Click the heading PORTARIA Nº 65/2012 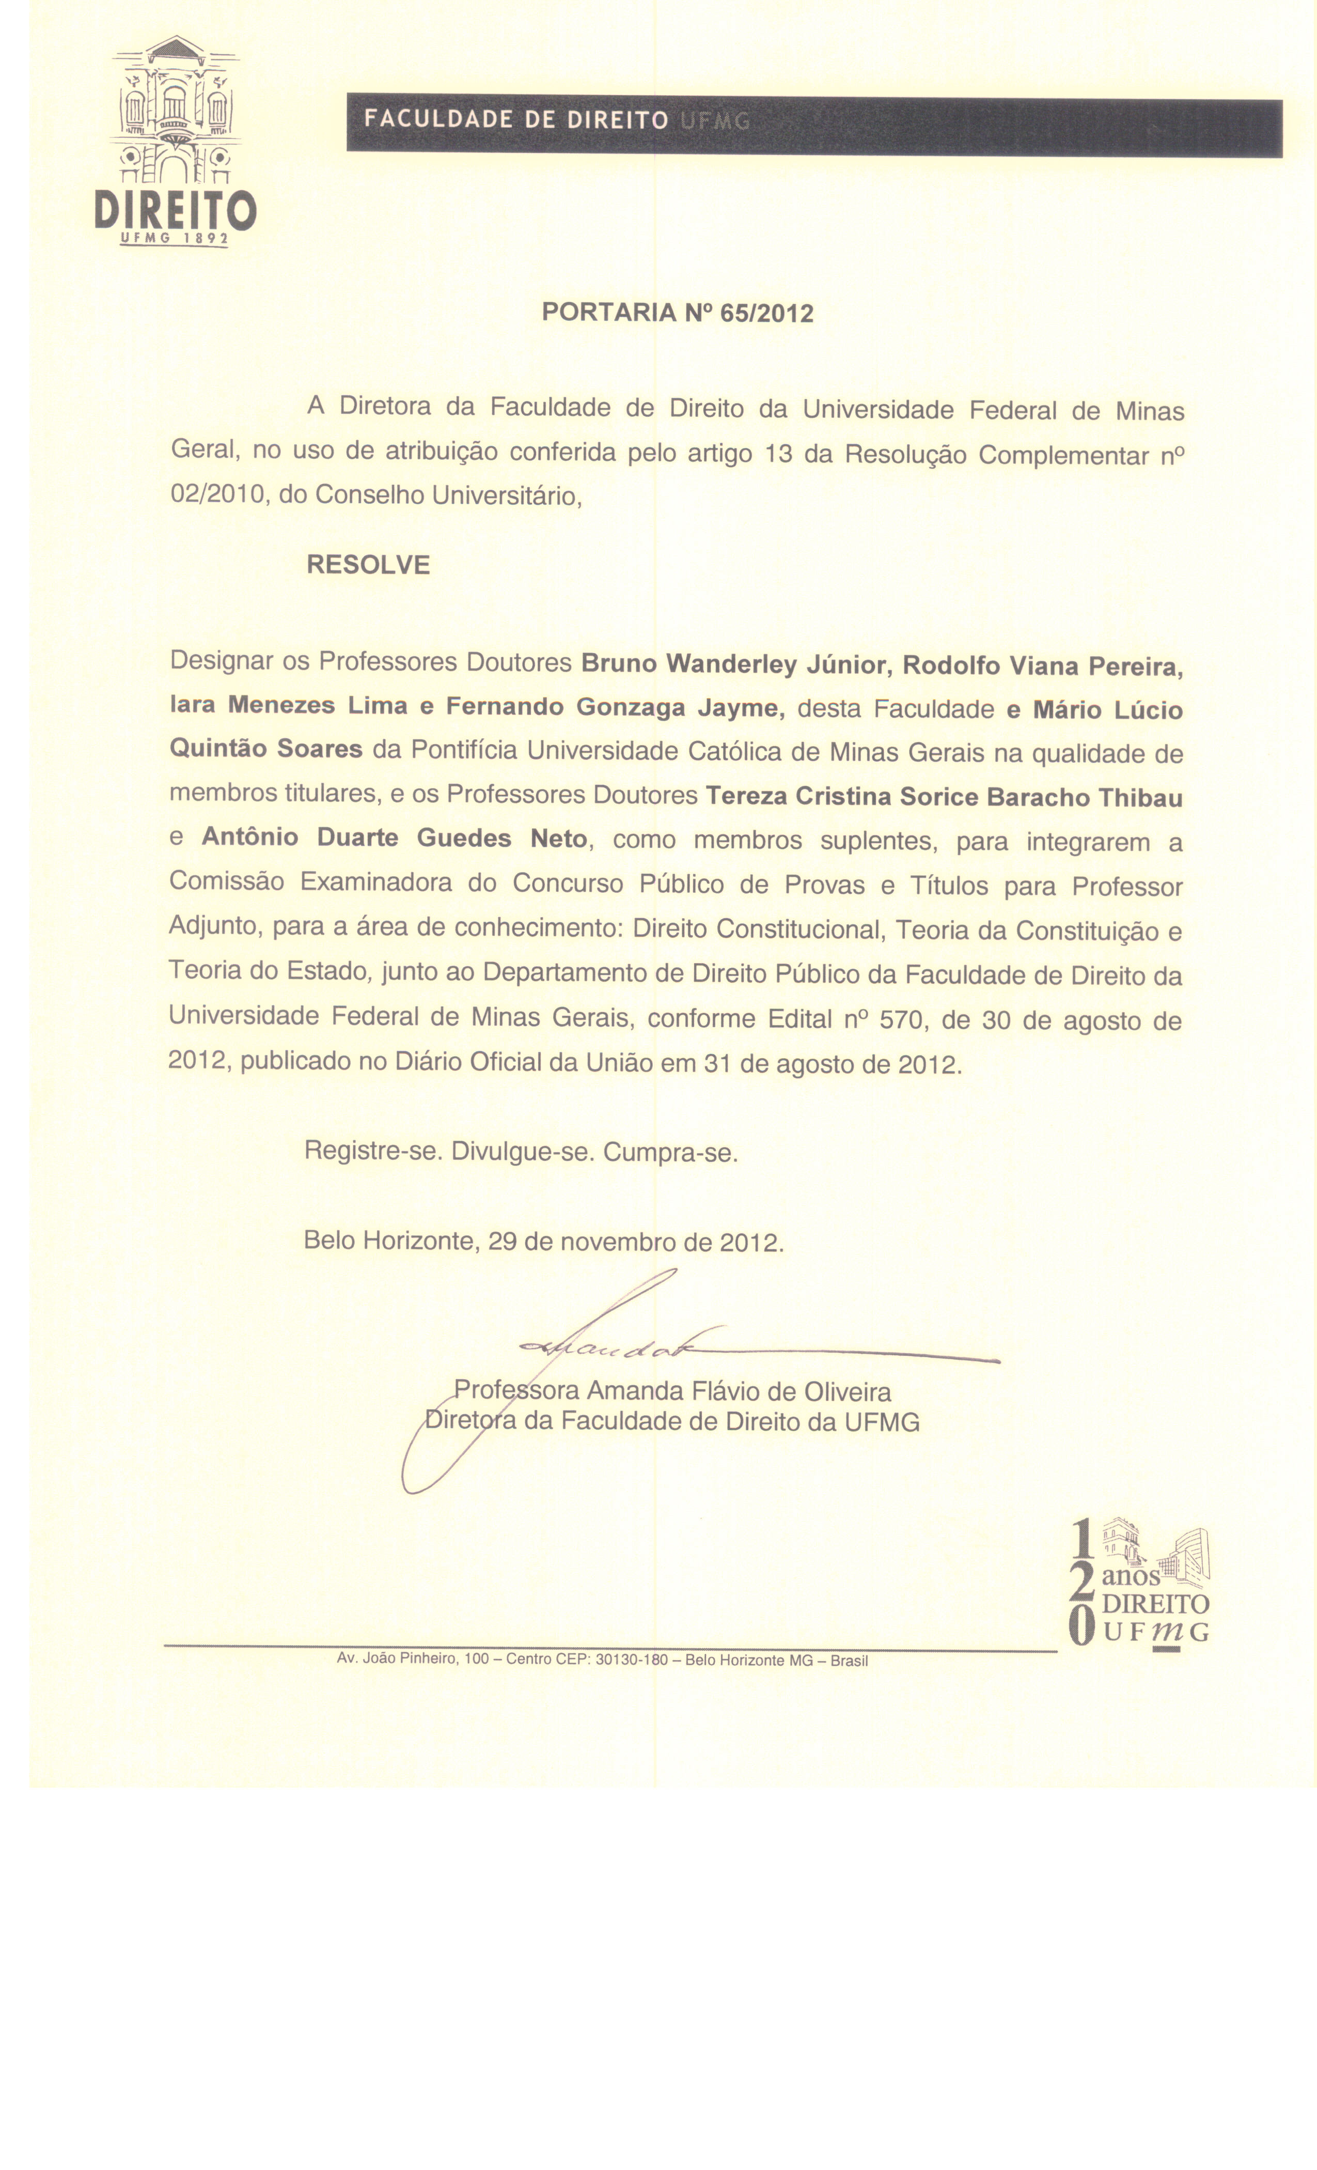[x=677, y=313]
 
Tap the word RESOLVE [x=368, y=565]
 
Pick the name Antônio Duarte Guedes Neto [x=395, y=838]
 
